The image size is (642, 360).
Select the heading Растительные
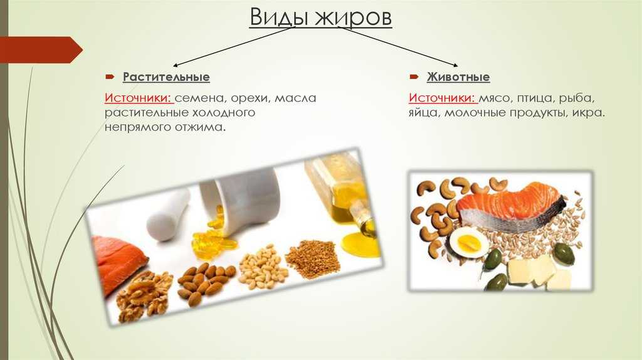[x=166, y=77]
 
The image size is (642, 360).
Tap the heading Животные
[x=458, y=77]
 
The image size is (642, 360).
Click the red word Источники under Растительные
[x=139, y=98]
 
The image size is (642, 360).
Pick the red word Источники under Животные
[x=443, y=98]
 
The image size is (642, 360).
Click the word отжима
[x=201, y=127]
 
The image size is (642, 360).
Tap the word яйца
[x=424, y=113]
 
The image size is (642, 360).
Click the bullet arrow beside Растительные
[x=110, y=77]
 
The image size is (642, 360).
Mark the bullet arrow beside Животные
[x=414, y=77]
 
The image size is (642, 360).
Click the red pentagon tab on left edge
[x=41, y=50]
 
